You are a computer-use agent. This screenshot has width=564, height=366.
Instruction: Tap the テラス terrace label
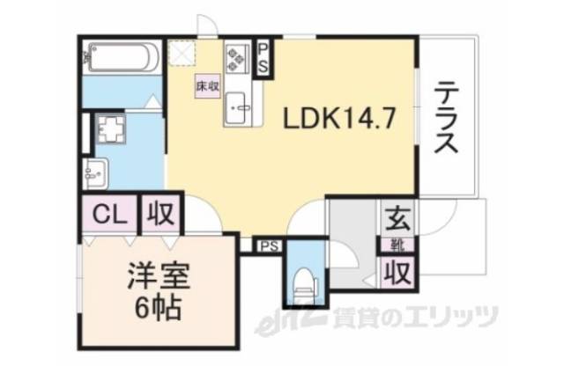coord(447,117)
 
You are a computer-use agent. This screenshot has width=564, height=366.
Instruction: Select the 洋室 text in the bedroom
coord(159,273)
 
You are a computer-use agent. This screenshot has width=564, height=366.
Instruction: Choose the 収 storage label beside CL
coord(160,213)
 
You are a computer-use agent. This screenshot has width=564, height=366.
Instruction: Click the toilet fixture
coord(303,280)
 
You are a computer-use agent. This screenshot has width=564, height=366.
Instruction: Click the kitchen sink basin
coord(239,111)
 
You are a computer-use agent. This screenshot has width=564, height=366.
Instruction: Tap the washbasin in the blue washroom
coord(96,172)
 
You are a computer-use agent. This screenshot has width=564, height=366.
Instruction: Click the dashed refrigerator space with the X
coord(184,55)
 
